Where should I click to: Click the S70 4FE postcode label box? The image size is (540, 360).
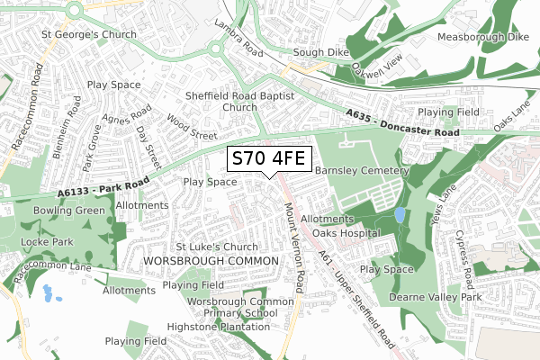269,159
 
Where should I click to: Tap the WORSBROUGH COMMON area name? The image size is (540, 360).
199,260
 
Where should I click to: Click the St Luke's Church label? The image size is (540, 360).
217,247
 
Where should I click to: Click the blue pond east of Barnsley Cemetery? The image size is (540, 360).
399,216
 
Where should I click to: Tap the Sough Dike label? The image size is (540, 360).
319,53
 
